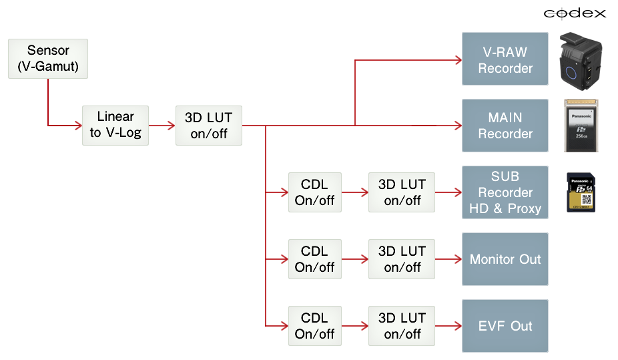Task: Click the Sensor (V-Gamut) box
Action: click(x=48, y=59)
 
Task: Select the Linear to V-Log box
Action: click(x=115, y=125)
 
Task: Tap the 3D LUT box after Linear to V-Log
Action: click(x=208, y=125)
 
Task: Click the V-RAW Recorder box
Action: click(x=505, y=59)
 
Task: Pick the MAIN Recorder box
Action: click(x=505, y=125)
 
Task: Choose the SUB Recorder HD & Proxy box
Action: click(x=505, y=192)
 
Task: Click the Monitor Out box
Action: click(x=505, y=259)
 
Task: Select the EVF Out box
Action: click(x=505, y=326)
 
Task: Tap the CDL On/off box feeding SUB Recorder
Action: click(x=314, y=192)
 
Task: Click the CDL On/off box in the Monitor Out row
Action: click(x=314, y=259)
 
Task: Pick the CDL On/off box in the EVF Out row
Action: click(x=314, y=326)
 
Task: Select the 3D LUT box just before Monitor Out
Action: click(x=402, y=259)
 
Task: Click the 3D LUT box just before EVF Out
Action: click(x=402, y=326)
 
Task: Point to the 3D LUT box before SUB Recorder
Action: click(x=402, y=192)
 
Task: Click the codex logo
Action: click(x=574, y=13)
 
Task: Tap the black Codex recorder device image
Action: click(x=581, y=61)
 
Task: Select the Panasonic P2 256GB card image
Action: click(x=581, y=126)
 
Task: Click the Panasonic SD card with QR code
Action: click(x=581, y=192)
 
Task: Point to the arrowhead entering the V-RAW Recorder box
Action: click(x=458, y=60)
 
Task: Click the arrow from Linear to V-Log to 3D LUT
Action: click(x=162, y=125)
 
